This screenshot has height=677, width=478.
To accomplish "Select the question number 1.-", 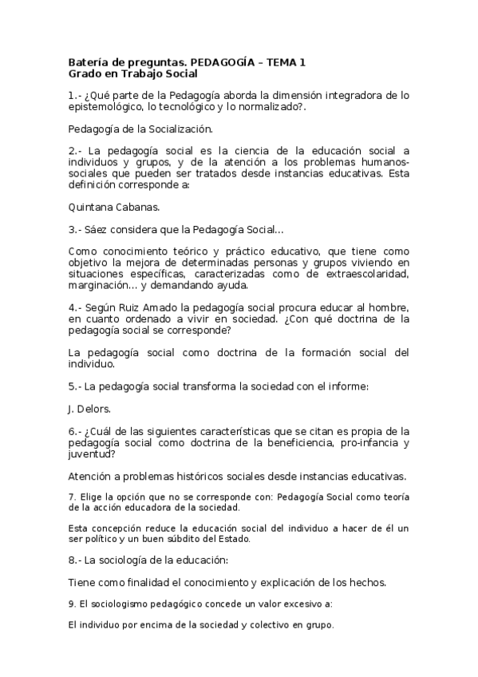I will (76, 95).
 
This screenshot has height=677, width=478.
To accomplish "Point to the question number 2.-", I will (76, 150).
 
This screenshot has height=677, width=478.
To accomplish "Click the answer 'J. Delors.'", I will (89, 410).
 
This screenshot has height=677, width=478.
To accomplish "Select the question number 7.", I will (72, 497).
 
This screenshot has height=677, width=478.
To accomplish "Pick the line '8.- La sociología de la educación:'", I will (148, 559).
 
